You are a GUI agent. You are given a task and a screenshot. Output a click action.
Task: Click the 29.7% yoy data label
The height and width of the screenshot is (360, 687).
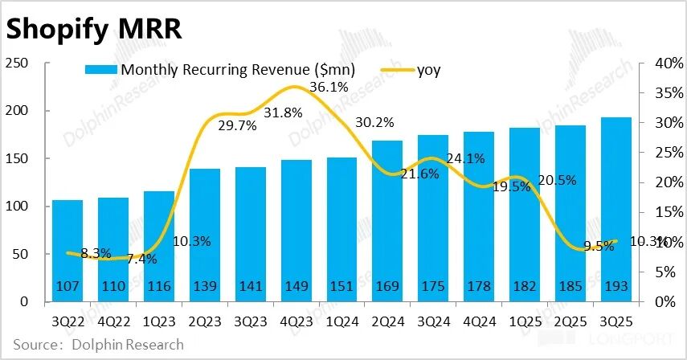pos(236,125)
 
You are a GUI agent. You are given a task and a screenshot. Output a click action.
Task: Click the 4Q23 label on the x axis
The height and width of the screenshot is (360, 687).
pos(296,321)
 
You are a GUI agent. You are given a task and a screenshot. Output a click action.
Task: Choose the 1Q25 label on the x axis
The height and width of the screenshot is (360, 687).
pos(525,321)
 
